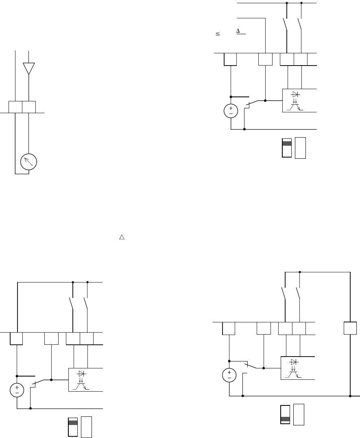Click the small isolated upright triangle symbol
point(121,237)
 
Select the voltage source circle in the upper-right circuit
point(231,111)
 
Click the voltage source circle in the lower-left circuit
point(17,390)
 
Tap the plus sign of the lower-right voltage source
point(229,372)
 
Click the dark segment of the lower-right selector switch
point(286,419)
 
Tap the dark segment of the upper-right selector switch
point(287,143)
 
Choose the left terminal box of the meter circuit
point(15,107)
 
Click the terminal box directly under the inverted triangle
point(29,107)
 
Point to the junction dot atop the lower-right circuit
point(300,272)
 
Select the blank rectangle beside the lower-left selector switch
point(86,427)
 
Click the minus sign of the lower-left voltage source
point(17,394)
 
